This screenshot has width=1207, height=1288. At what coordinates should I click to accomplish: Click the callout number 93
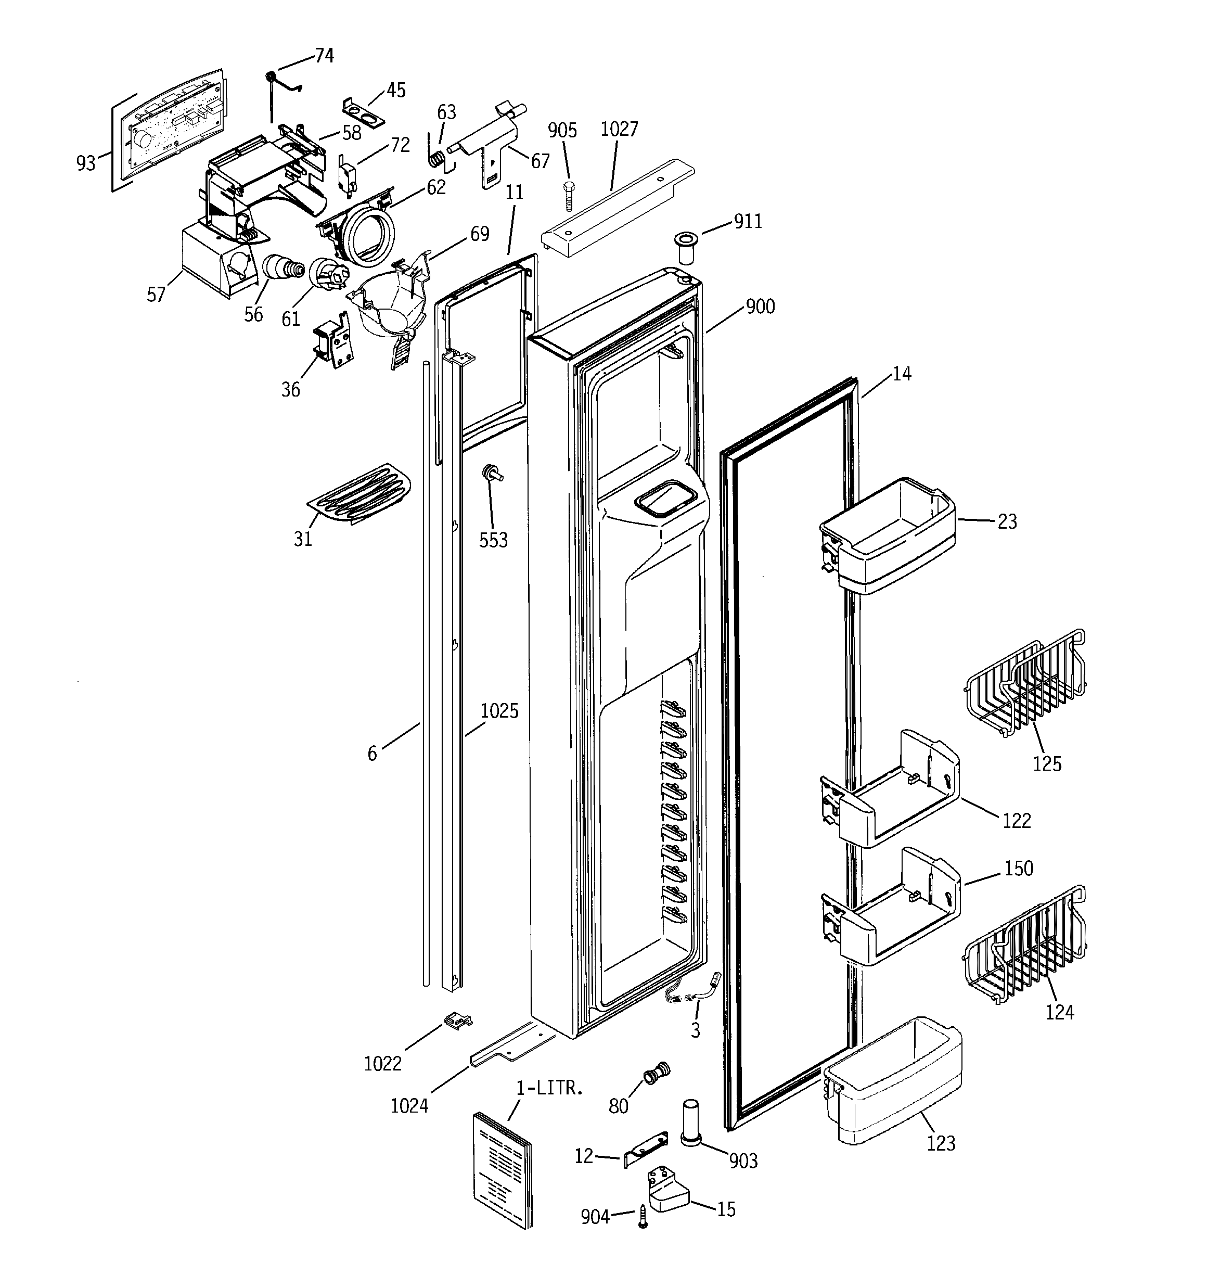tap(85, 163)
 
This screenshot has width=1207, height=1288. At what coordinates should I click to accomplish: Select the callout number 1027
tap(620, 129)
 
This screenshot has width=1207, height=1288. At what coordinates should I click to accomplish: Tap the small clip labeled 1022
tap(458, 1021)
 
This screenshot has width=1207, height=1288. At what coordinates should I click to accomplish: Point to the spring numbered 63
tap(438, 158)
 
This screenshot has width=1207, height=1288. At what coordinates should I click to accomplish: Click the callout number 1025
tap(499, 711)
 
